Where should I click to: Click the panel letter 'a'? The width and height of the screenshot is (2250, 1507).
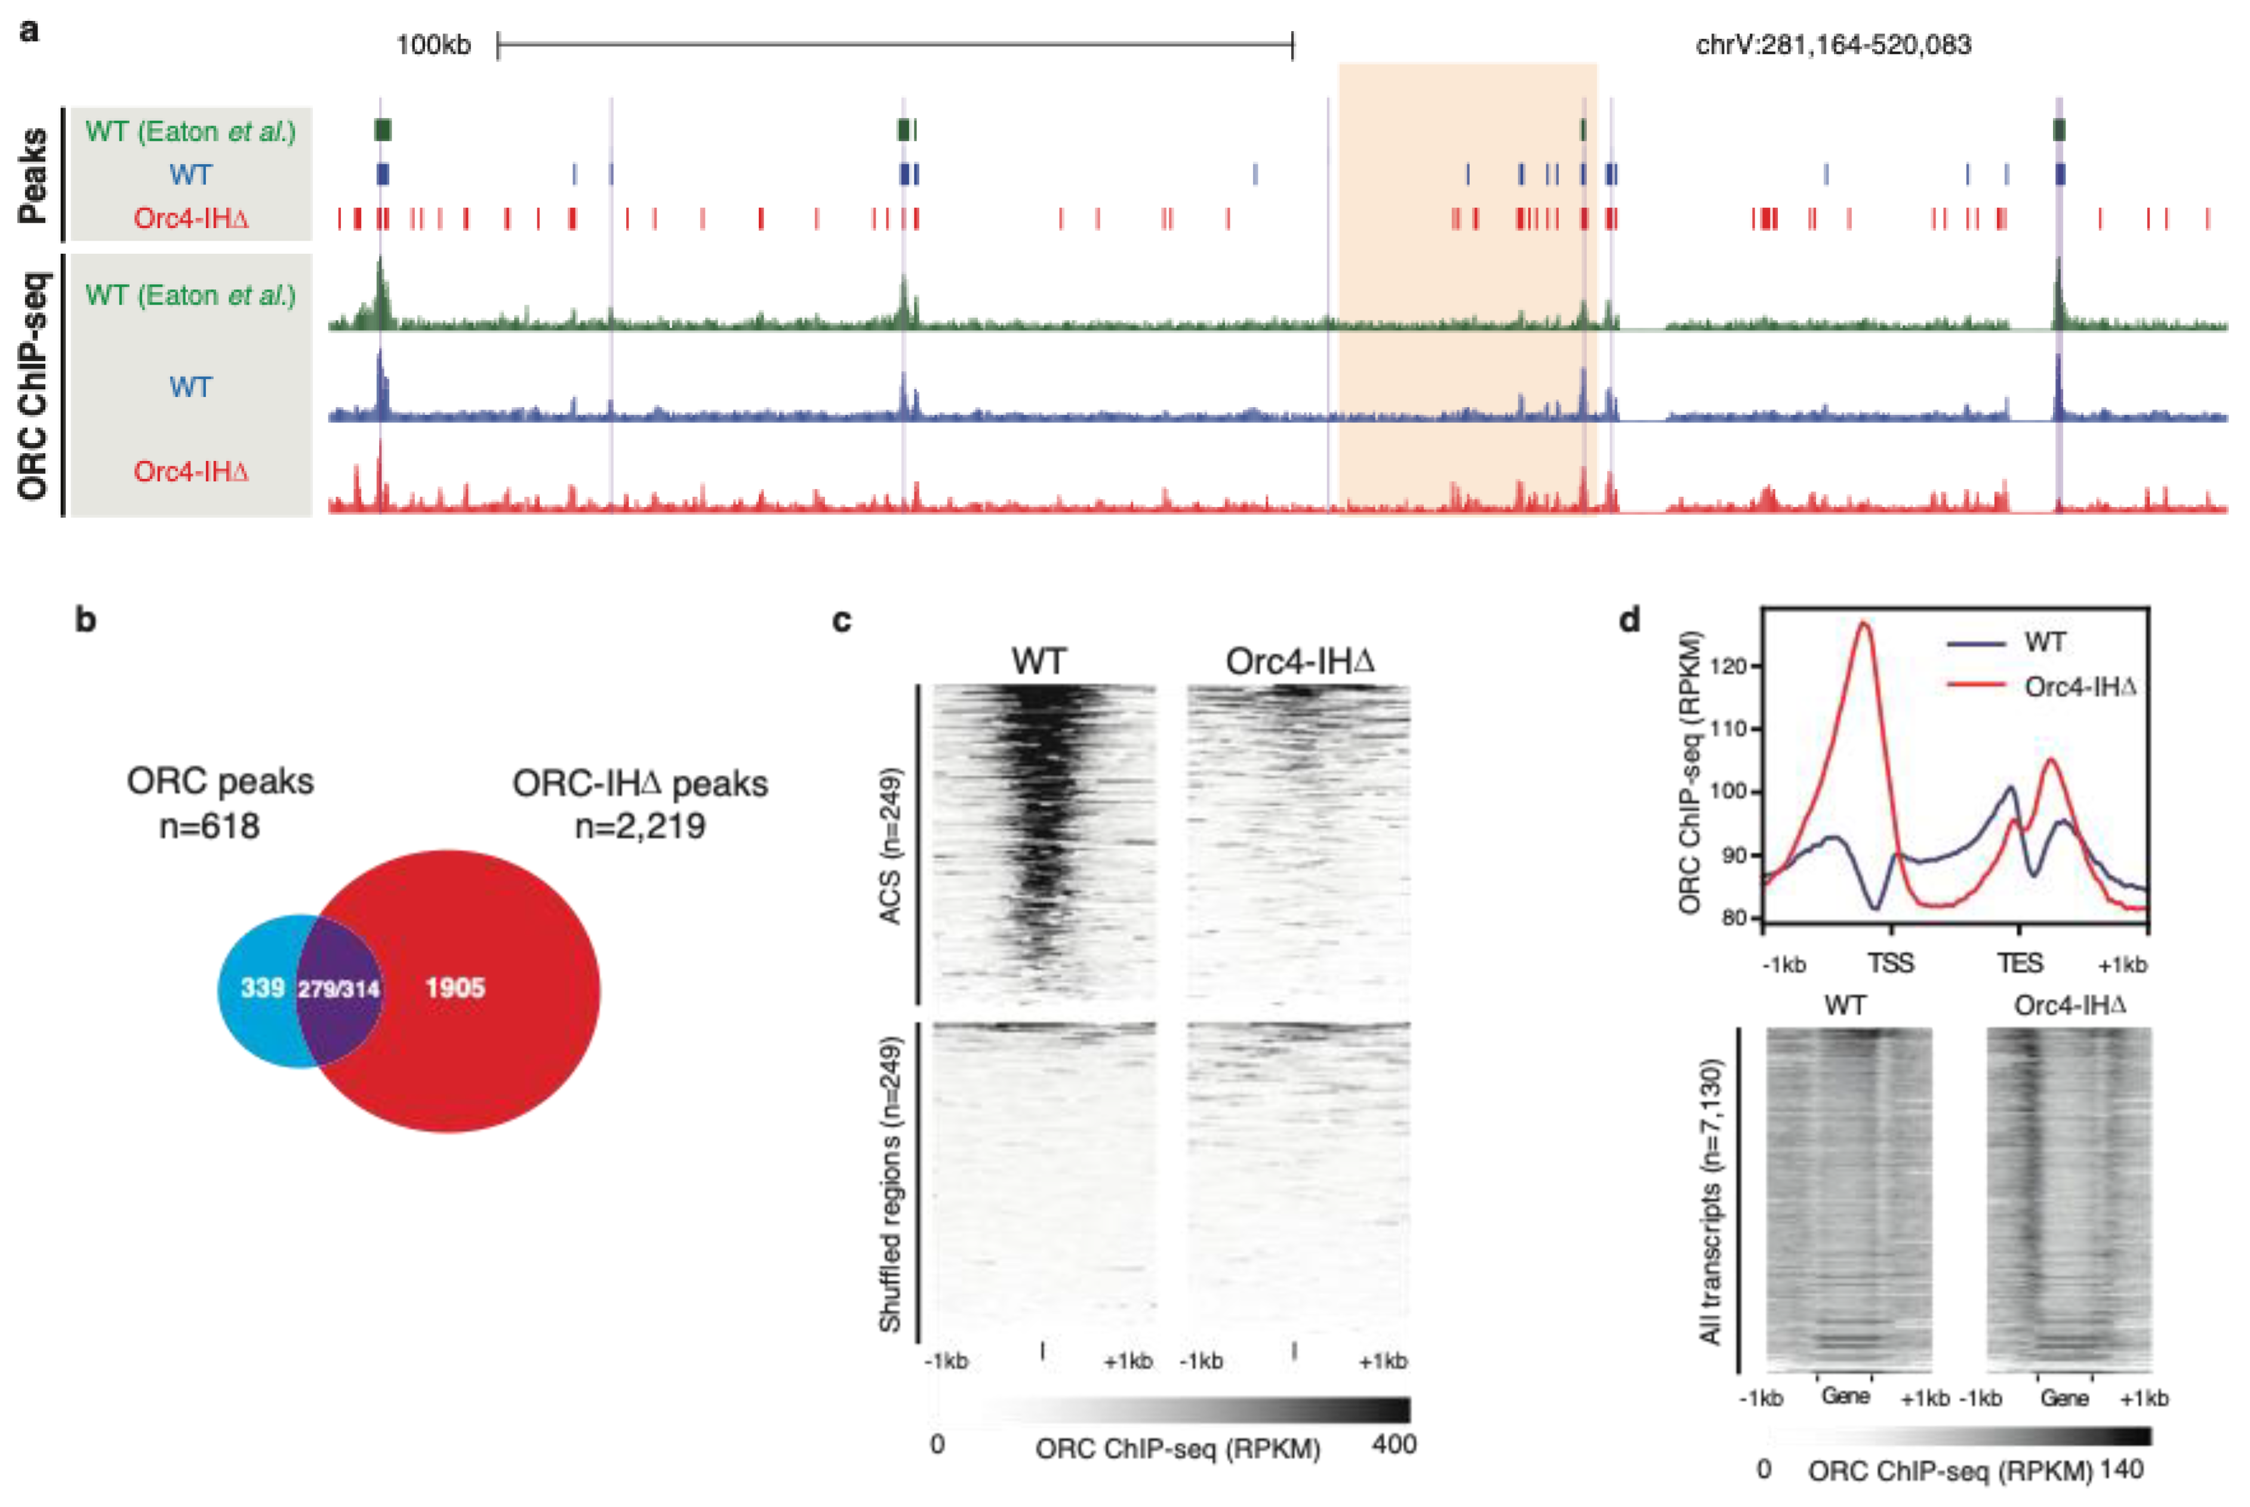pyautogui.click(x=30, y=31)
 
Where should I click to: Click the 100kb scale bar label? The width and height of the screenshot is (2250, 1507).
pyautogui.click(x=433, y=45)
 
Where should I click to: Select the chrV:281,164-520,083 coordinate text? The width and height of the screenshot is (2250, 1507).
pyautogui.click(x=1832, y=45)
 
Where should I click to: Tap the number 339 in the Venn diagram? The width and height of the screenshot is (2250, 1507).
pyautogui.click(x=262, y=988)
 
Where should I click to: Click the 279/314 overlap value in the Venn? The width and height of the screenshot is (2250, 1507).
pyautogui.click(x=338, y=989)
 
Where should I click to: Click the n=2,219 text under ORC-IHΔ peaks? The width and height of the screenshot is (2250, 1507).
pyautogui.click(x=640, y=826)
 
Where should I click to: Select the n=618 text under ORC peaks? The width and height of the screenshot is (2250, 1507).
pyautogui.click(x=210, y=826)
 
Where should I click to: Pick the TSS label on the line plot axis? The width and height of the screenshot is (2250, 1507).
pyautogui.click(x=1890, y=963)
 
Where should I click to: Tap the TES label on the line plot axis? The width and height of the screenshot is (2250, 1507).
pyautogui.click(x=2020, y=963)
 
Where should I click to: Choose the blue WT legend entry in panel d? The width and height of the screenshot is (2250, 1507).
pyautogui.click(x=2045, y=642)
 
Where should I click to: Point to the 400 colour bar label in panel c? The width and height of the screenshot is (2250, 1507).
pyautogui.click(x=1394, y=1444)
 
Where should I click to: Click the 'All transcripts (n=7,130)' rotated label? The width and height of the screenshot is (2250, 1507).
pyautogui.click(x=1710, y=1201)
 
